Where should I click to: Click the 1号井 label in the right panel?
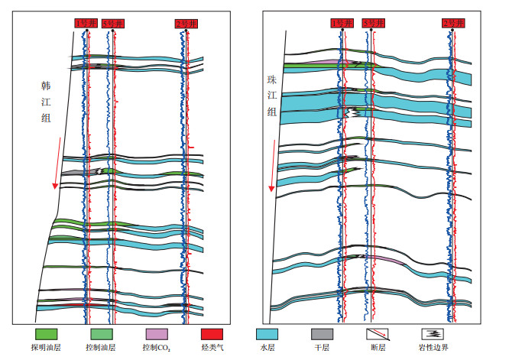pos(340,24)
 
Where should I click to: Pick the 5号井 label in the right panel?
pos(371,24)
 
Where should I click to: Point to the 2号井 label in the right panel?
pos(453,24)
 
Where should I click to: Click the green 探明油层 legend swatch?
pos(47,334)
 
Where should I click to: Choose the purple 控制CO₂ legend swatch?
pos(157,334)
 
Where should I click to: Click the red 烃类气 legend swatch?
pos(212,334)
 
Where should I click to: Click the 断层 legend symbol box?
pos(375,334)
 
